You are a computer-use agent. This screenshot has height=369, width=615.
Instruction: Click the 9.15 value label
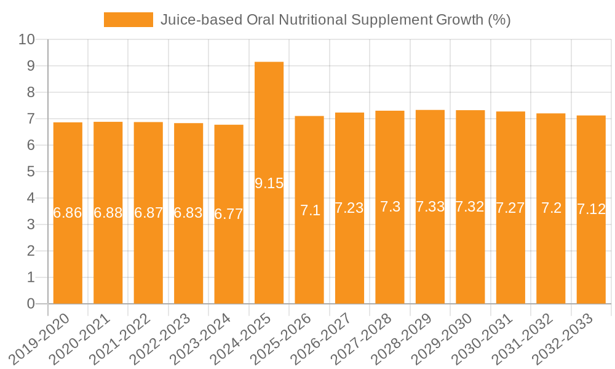(x=269, y=183)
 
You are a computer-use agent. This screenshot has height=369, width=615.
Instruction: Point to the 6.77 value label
(x=229, y=214)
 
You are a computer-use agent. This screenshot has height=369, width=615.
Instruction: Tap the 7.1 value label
(x=309, y=210)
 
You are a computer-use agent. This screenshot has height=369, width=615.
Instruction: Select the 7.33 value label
(x=430, y=207)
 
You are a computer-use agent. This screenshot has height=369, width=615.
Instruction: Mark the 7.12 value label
(x=591, y=209)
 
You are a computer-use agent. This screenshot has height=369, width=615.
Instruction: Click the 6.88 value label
(x=108, y=213)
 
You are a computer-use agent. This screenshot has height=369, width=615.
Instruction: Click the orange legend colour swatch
(x=128, y=20)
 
